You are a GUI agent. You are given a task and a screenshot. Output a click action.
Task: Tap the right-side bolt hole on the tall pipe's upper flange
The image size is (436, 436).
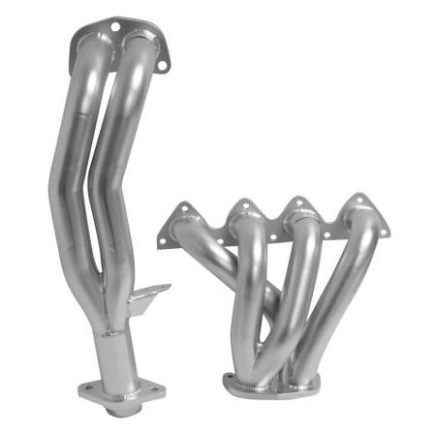162,64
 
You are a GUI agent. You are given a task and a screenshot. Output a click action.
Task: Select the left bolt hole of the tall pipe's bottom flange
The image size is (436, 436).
86,390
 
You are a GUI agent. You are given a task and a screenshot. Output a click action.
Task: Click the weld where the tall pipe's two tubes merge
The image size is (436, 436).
109,291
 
